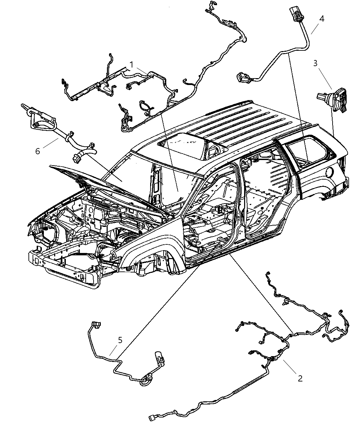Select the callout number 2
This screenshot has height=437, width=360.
[x=300, y=378]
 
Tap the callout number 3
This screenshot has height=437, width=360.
[x=315, y=63]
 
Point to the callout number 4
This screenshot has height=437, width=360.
[x=321, y=19]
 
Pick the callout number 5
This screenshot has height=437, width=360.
[x=120, y=340]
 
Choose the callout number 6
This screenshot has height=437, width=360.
[x=38, y=151]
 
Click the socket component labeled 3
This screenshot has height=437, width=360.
[x=334, y=99]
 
